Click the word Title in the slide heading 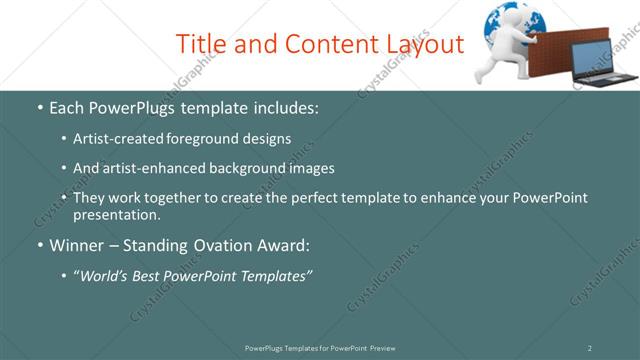click(202, 44)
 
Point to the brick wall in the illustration click(552, 54)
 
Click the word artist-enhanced click(149, 168)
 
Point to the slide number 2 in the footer click(589, 348)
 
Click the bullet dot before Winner click(39, 245)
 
